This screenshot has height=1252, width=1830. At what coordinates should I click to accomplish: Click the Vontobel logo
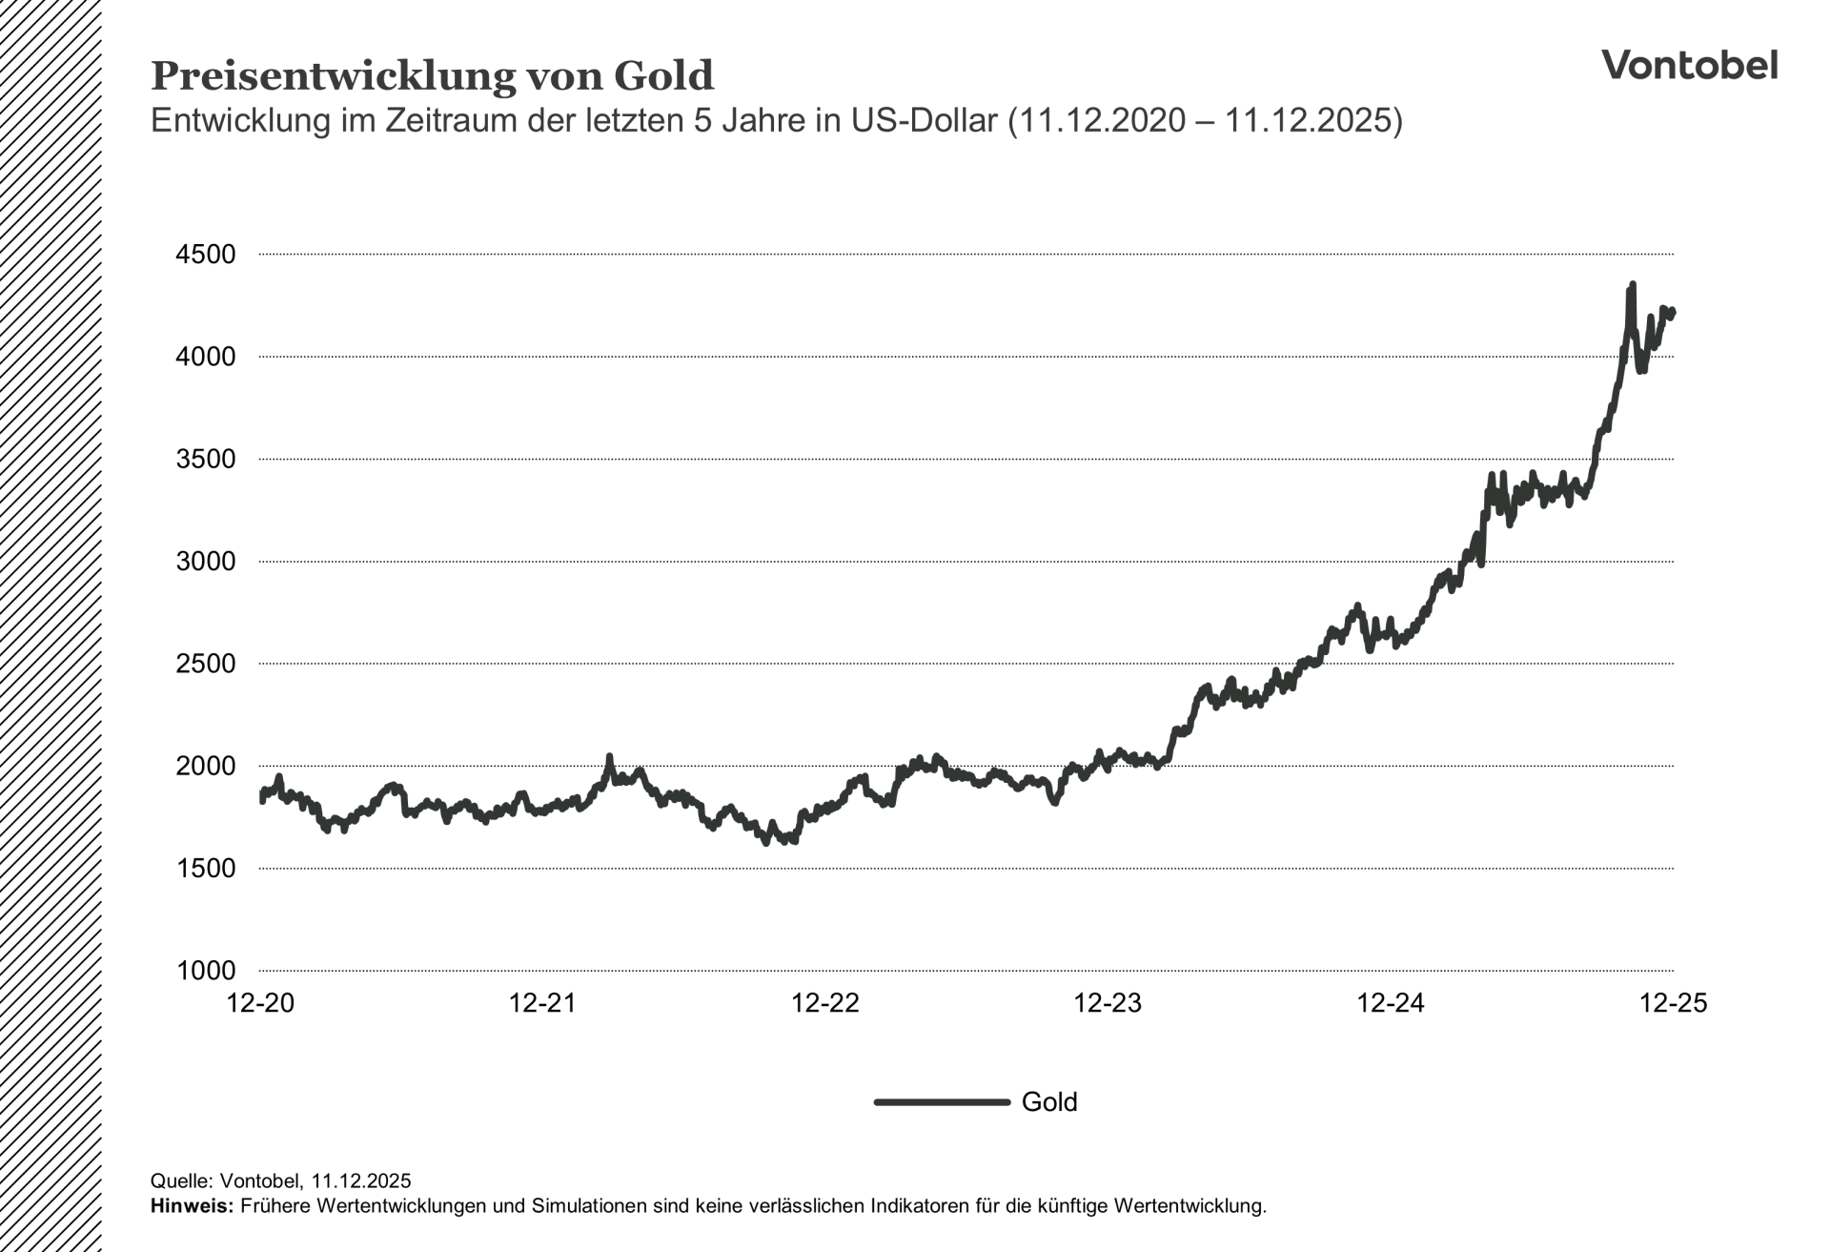1689,65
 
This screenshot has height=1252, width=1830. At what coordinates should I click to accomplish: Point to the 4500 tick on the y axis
205,255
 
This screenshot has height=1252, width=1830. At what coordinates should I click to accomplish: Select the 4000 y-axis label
205,357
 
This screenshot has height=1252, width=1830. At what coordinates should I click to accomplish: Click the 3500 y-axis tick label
205,459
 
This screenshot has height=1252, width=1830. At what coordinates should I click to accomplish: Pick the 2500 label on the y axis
205,664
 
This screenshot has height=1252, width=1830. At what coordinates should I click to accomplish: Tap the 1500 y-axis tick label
205,868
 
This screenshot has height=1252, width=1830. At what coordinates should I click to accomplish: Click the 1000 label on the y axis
205,971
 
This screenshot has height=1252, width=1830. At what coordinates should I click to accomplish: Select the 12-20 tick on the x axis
260,1003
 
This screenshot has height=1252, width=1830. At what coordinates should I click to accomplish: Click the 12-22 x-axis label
825,1003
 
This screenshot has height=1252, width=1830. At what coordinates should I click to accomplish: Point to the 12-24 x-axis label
1391,1003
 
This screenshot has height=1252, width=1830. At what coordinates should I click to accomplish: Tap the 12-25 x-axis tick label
1673,1003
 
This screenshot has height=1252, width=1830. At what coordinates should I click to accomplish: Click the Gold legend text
1048,1102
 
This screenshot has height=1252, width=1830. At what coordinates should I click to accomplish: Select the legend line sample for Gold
942,1102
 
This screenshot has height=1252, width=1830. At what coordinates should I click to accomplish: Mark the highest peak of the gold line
1633,284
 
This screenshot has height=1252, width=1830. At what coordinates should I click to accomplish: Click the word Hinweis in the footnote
191,1206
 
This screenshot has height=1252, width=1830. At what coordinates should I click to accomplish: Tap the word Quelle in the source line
182,1181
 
